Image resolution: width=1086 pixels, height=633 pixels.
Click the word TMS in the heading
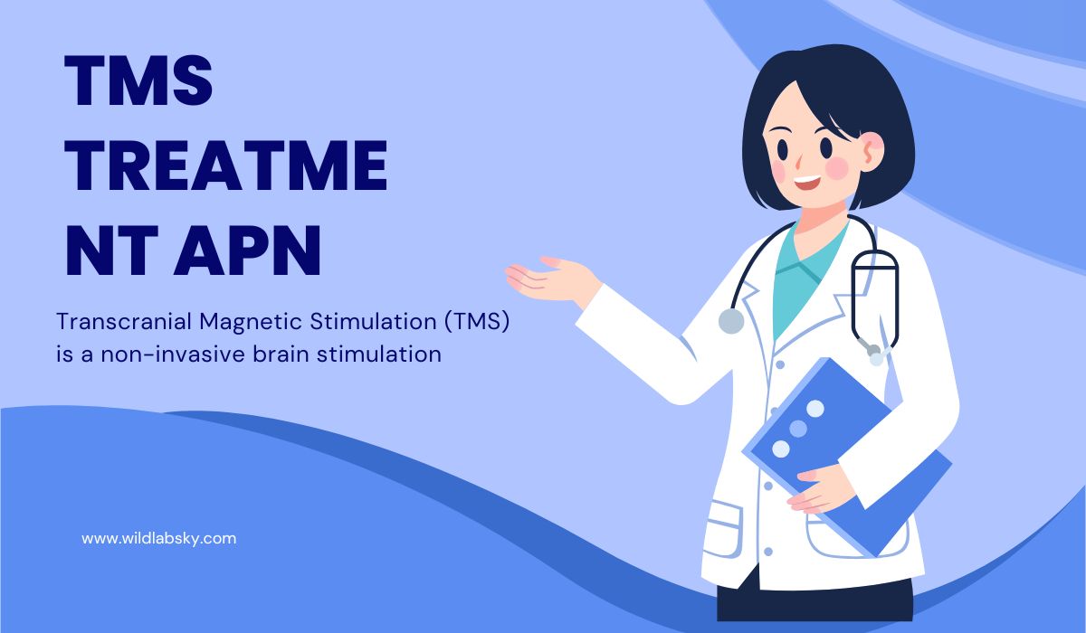(138, 80)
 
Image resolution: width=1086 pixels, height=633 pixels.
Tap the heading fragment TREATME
(226, 165)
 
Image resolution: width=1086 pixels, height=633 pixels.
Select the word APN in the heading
(248, 250)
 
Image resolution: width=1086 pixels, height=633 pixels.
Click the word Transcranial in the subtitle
(124, 321)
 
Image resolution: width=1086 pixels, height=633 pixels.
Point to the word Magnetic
(251, 323)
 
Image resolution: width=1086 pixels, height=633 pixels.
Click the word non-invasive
(173, 354)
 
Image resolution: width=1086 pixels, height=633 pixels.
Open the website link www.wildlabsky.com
(159, 539)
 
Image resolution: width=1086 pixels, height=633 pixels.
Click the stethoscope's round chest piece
(731, 321)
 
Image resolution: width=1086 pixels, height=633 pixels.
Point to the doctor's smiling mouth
(807, 183)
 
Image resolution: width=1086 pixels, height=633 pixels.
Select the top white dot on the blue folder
(815, 408)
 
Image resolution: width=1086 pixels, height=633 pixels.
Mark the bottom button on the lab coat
(768, 551)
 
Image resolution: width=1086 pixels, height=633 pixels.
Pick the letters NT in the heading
(112, 250)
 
